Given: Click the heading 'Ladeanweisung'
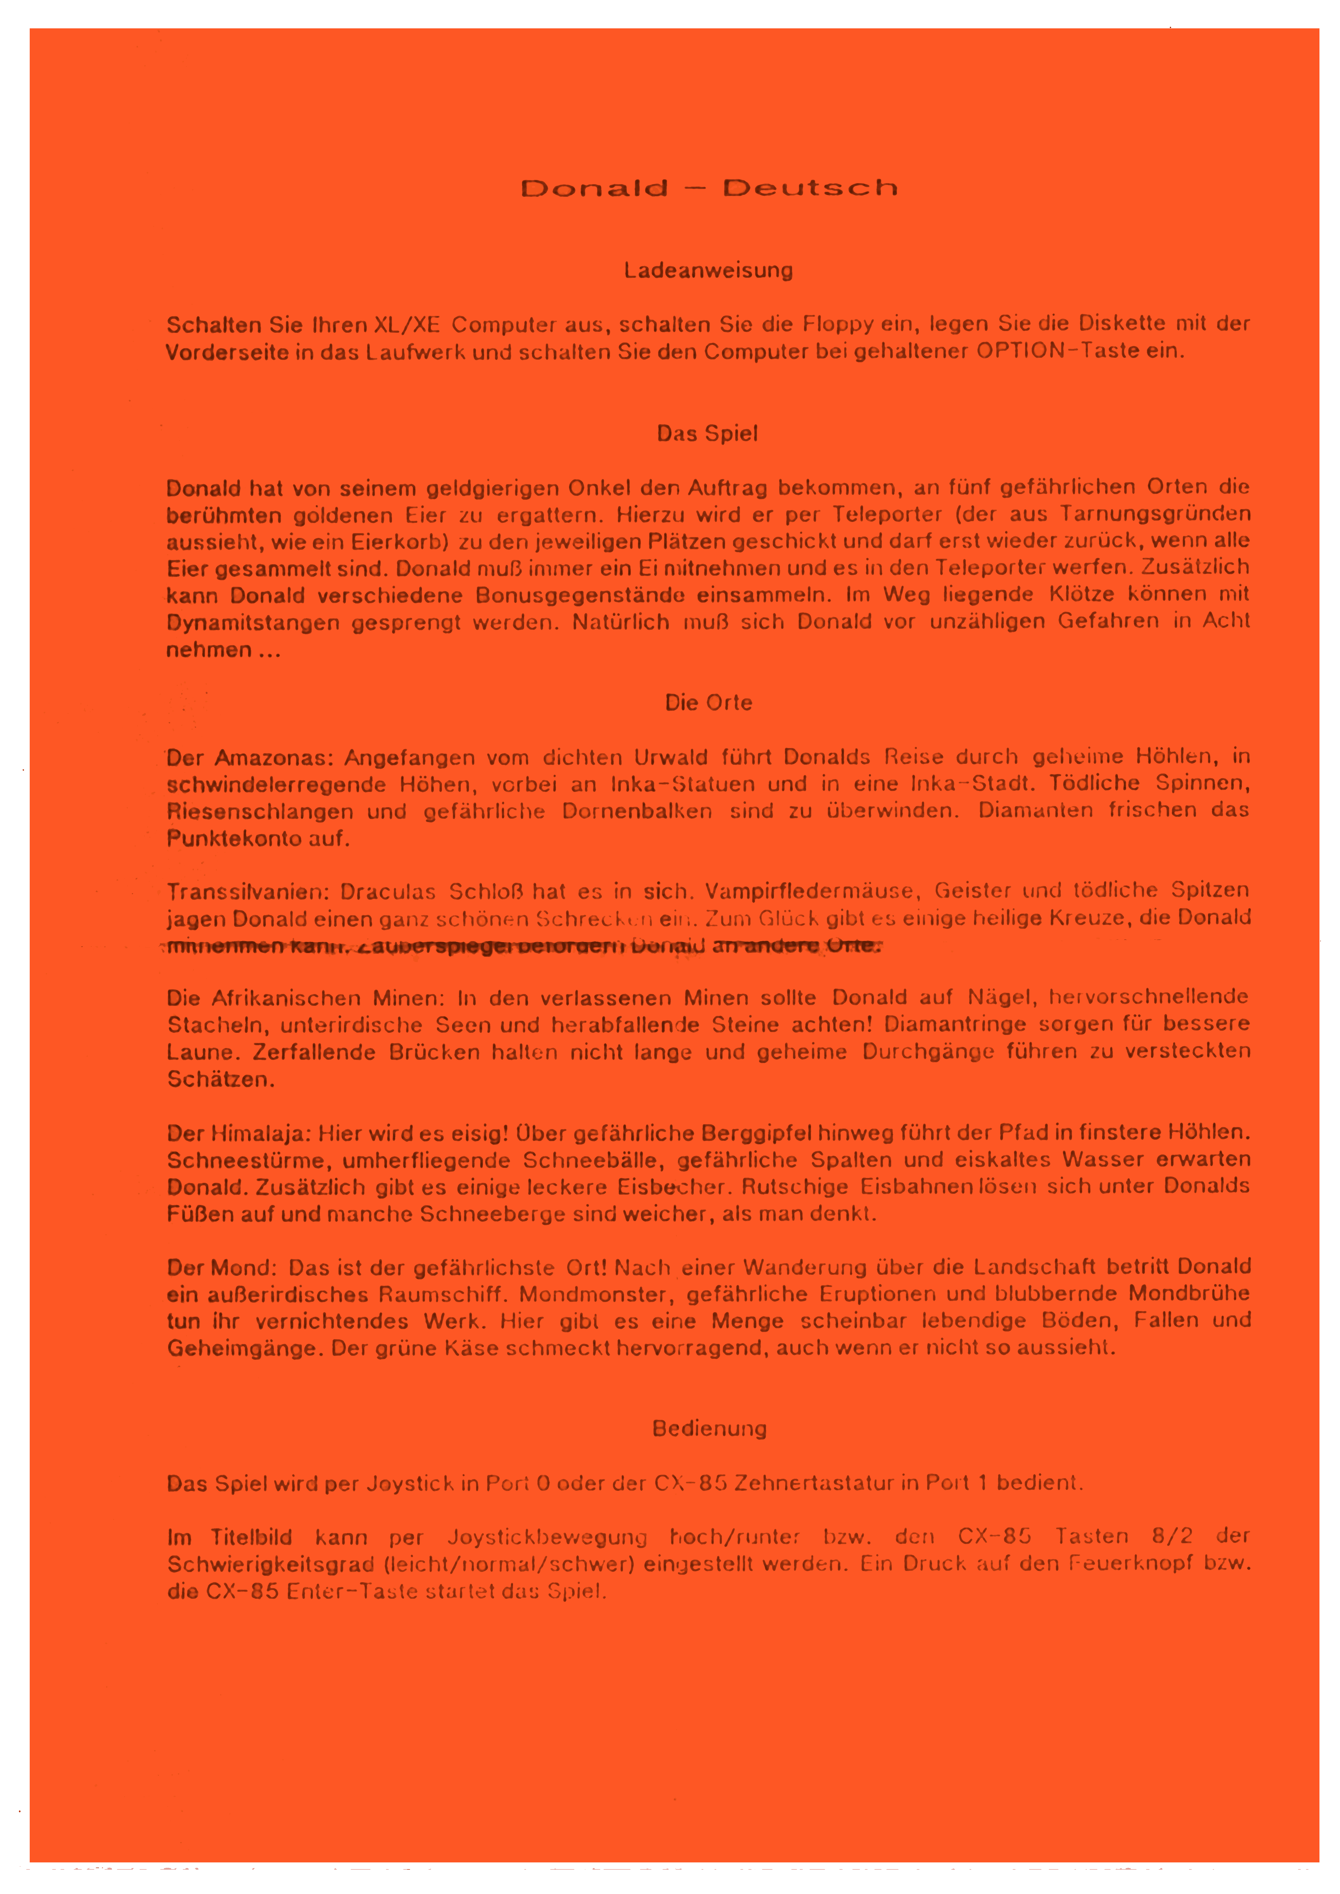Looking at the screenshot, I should point(708,271).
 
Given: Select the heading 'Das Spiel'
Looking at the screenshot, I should point(707,434).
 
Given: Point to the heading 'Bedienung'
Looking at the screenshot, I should point(709,1429).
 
